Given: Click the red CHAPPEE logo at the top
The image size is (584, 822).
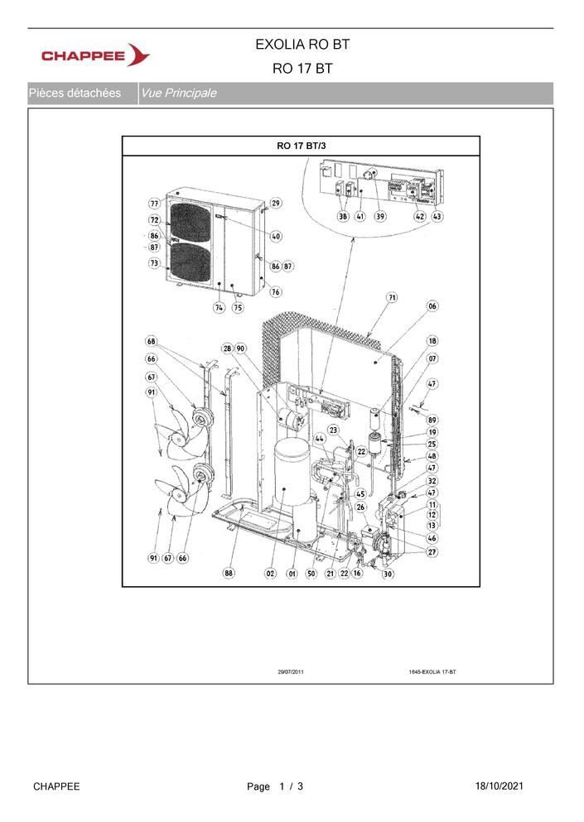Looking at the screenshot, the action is (x=95, y=55).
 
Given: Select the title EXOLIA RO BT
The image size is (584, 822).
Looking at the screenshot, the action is (x=302, y=45).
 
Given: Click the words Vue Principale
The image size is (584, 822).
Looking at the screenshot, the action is (x=178, y=94).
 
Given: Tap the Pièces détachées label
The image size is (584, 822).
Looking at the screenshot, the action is (x=75, y=94).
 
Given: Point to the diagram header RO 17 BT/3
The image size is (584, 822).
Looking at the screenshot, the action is (x=302, y=146).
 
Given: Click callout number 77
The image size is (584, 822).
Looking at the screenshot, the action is (x=154, y=204).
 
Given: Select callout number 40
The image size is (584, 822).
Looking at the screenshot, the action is (x=276, y=237).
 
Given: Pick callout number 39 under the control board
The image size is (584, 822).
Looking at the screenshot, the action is (x=380, y=216).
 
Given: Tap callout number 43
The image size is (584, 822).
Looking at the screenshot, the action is (x=437, y=216).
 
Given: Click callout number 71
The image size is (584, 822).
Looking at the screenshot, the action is (x=392, y=297).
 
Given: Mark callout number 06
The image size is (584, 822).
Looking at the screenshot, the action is (x=432, y=306).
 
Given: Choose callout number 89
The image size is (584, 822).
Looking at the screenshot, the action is (x=432, y=420).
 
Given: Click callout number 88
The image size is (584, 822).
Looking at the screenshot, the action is (x=229, y=573).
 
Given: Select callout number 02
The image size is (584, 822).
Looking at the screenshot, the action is (x=270, y=574).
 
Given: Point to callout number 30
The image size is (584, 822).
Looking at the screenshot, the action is (x=387, y=574).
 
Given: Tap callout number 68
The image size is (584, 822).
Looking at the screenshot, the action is (x=151, y=342).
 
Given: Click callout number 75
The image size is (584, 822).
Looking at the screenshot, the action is (x=238, y=308).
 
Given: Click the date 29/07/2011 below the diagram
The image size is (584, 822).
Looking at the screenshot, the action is (x=291, y=671).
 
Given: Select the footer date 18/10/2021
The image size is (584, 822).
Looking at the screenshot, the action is (x=499, y=786).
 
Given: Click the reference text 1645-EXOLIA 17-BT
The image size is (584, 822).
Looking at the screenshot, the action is (x=432, y=671).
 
